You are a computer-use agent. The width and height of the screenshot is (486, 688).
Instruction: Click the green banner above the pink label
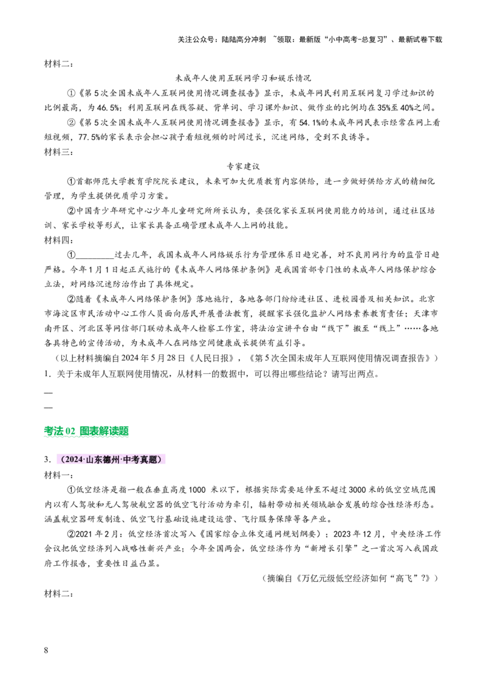(x=86, y=431)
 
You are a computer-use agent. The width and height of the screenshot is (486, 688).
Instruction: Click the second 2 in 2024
(x=77, y=460)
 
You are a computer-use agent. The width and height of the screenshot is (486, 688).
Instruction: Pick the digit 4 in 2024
(x=81, y=460)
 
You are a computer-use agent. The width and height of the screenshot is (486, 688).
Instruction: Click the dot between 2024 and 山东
(x=84, y=460)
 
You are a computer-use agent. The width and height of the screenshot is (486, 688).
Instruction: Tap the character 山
(x=90, y=460)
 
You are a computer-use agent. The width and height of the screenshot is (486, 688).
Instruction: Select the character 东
(x=98, y=460)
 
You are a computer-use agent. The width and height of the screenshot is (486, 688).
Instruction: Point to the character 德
(x=108, y=460)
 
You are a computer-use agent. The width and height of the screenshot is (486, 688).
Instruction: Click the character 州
(x=116, y=460)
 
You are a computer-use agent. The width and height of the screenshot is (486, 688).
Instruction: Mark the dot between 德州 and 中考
(x=121, y=460)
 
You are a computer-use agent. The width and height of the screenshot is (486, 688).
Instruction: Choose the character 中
(x=126, y=460)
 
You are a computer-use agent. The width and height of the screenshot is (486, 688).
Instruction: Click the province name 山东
(x=94, y=460)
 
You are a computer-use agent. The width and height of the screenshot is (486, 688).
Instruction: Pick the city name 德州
(x=112, y=460)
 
